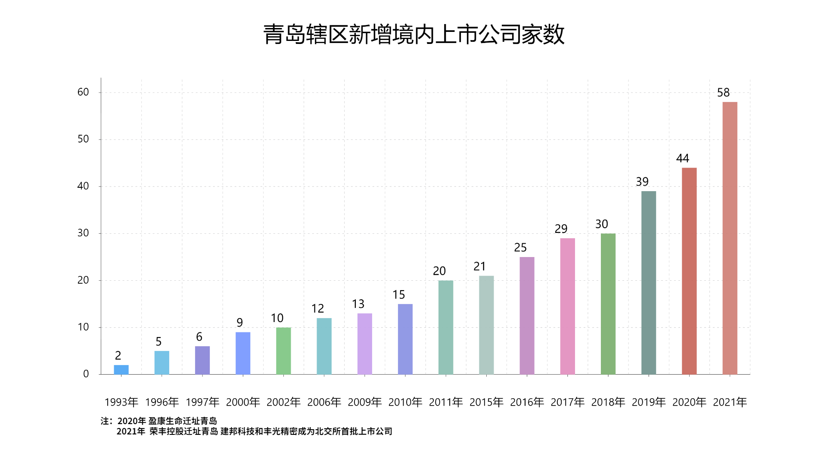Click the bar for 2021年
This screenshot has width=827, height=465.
[x=730, y=238]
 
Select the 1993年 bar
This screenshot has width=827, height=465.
[x=121, y=369]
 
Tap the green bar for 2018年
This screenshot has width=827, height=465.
[x=608, y=304]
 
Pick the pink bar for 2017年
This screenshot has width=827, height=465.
[x=567, y=306]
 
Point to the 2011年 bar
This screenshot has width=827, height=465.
[x=446, y=327]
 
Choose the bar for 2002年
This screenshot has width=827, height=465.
[x=283, y=350]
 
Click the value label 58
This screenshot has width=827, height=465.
[x=723, y=93]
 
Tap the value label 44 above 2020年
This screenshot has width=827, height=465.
[x=683, y=158]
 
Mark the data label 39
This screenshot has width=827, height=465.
[x=642, y=182]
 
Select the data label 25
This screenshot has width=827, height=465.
[x=520, y=248]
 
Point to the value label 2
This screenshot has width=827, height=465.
[x=118, y=356]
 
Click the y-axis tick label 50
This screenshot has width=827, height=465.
[x=83, y=139]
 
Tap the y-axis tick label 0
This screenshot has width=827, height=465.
[x=86, y=374]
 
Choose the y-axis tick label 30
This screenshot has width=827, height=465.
[x=83, y=233]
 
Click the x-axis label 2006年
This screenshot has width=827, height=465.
[x=324, y=402]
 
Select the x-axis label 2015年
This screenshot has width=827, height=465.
[x=486, y=402]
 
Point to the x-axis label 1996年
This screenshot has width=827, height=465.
[x=162, y=402]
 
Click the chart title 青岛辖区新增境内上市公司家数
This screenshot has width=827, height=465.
[x=413, y=34]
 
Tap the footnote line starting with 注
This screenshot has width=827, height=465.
[x=159, y=421]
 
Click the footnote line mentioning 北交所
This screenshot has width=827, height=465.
[x=254, y=431]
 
